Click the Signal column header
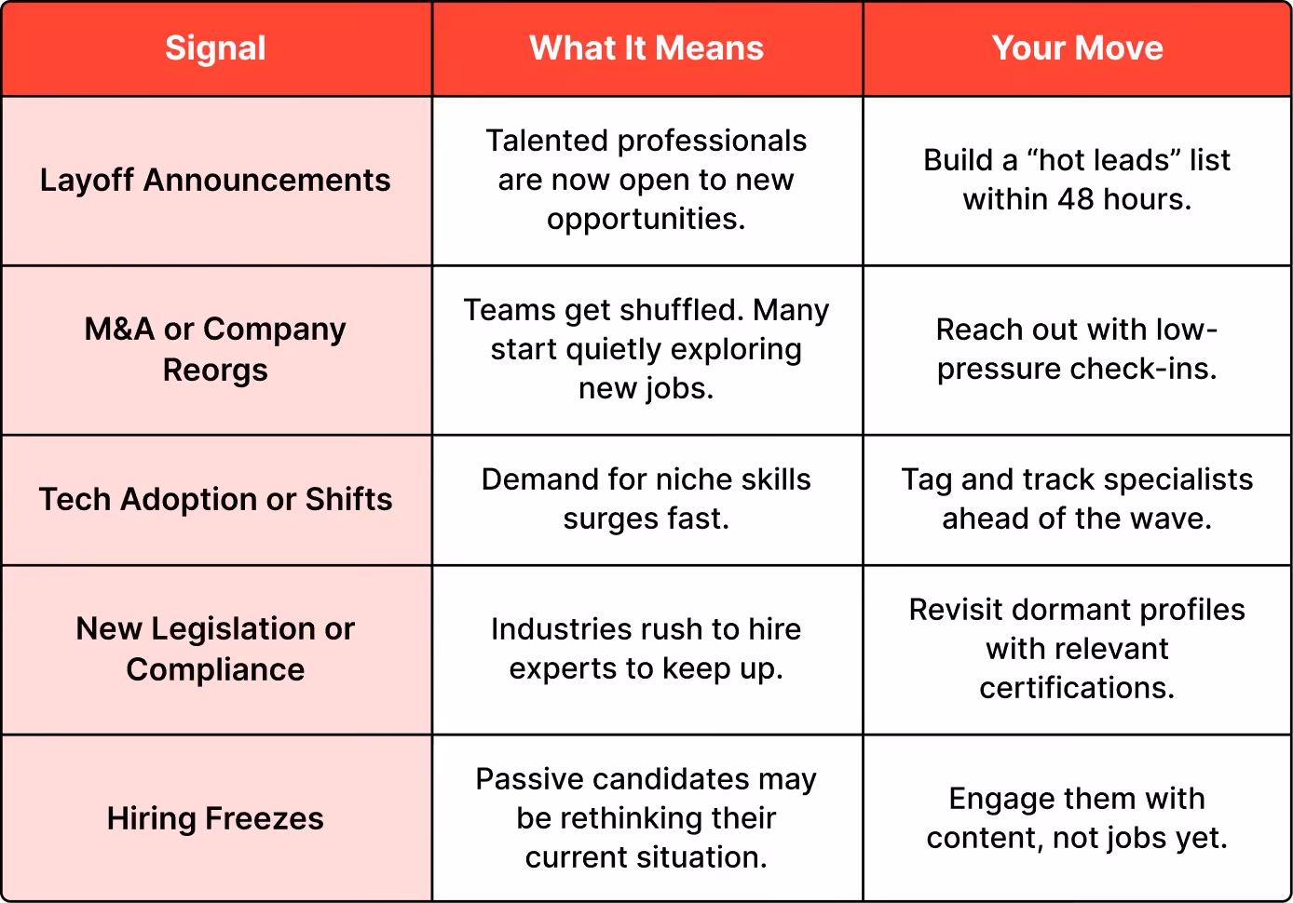215,47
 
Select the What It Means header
646,47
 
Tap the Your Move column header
1077,47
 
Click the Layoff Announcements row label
215,180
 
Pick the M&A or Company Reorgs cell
215,349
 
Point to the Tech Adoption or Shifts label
215,499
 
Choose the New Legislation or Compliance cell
215,649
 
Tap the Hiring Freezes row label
215,818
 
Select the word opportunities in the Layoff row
646,220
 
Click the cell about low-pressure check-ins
1077,349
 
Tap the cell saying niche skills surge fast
646,499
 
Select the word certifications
1077,688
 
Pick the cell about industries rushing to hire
646,649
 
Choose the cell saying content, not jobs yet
1077,818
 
